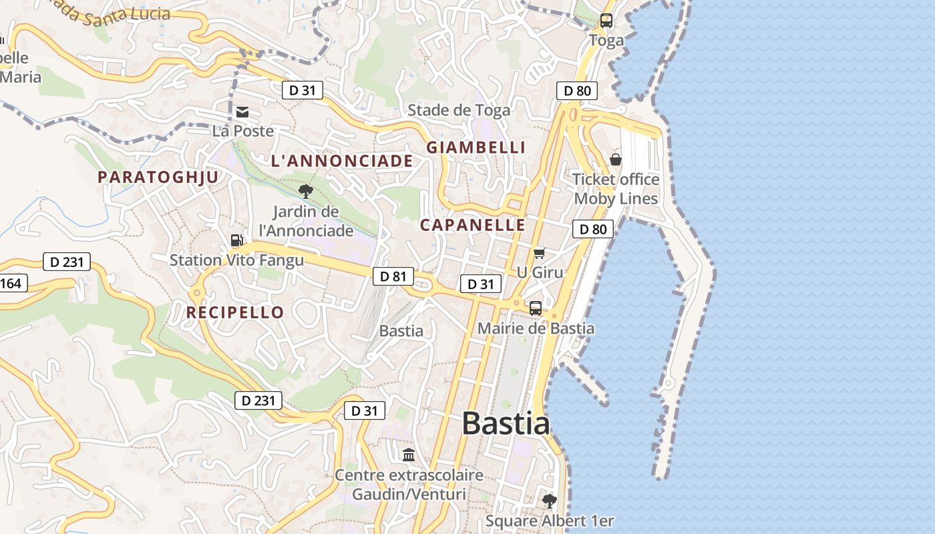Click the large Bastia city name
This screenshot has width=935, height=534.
[506, 424]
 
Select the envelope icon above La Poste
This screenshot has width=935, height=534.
[242, 112]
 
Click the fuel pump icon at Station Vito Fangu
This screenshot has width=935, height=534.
[236, 240]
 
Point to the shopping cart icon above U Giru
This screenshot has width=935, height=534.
[540, 253]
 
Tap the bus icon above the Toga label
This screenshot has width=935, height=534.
[606, 21]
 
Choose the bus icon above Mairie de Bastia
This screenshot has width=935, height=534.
[536, 308]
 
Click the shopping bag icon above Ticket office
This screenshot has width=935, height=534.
[616, 160]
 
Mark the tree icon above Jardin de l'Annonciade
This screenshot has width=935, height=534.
[306, 192]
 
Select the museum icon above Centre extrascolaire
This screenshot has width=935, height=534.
[409, 455]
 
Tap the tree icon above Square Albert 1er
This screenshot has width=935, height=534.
[549, 501]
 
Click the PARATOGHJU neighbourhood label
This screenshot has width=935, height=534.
[158, 177]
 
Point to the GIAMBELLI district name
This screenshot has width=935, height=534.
[476, 148]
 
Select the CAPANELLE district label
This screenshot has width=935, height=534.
[473, 225]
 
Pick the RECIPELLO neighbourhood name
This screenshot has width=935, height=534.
[235, 312]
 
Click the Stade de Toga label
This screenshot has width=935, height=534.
[459, 110]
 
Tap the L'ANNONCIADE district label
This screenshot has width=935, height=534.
[342, 161]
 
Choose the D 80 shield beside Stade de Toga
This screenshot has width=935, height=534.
[577, 91]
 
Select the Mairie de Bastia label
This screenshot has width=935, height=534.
[536, 328]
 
